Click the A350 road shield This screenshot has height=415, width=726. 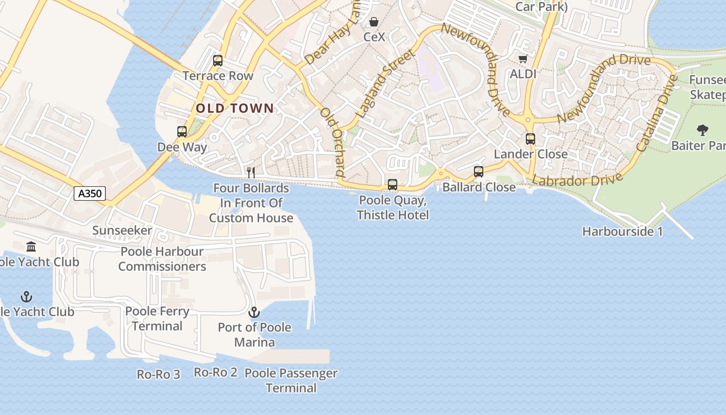[x=90, y=194]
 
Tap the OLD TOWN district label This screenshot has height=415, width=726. [x=235, y=108]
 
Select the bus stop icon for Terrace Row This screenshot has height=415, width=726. [x=218, y=61]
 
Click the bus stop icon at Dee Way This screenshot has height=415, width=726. [x=181, y=132]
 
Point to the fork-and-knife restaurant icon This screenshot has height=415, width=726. [x=251, y=172]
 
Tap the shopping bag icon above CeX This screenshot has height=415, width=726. [x=373, y=22]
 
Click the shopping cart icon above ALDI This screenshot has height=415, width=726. [x=523, y=59]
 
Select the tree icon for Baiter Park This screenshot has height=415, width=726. [x=703, y=130]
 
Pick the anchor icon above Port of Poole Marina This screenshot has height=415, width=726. [x=254, y=312]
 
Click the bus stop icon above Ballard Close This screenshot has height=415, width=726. [x=478, y=172]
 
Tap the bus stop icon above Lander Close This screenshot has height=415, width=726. [x=530, y=139]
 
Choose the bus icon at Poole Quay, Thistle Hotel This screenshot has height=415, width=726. [x=393, y=185]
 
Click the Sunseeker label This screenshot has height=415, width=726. [x=122, y=230]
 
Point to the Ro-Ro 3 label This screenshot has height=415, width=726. [x=159, y=374]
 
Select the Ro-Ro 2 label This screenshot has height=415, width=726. [x=216, y=372]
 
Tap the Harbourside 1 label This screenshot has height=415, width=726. [x=622, y=231]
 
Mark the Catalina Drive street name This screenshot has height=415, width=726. [x=657, y=114]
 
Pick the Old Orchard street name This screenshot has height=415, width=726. [x=332, y=141]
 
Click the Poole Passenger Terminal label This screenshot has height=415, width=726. [x=291, y=380]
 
